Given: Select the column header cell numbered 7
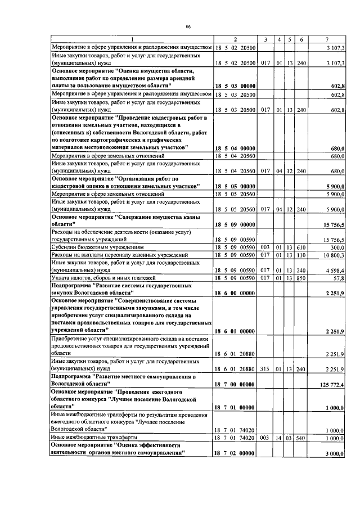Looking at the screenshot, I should tap(327, 39).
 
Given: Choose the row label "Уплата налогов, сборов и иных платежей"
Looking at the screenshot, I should tap(99, 278).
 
